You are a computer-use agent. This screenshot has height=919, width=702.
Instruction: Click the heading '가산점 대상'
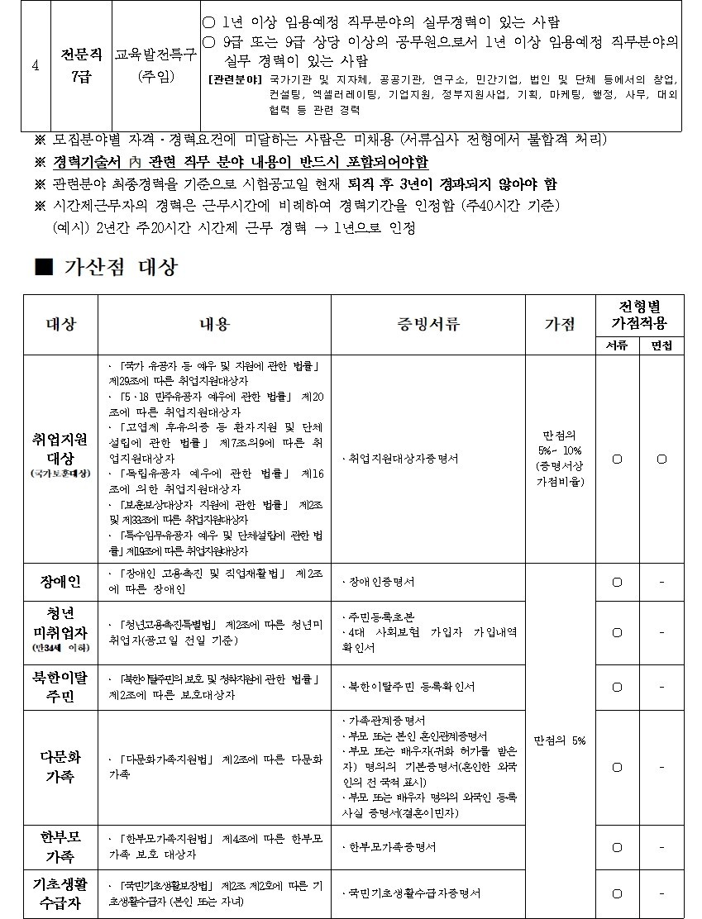[x=120, y=266]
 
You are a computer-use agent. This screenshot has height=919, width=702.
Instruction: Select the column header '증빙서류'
[x=428, y=324]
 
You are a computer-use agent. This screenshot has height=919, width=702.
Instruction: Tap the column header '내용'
[x=214, y=324]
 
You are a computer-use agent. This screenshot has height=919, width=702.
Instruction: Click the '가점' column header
[x=560, y=324]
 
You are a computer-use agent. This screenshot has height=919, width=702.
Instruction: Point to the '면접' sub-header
[x=661, y=345]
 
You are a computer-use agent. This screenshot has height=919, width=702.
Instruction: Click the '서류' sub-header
[x=616, y=345]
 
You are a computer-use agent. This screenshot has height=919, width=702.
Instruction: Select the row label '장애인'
[x=60, y=582]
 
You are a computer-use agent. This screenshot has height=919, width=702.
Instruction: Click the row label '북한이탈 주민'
[x=60, y=687]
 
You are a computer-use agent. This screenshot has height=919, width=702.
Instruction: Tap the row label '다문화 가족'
[x=60, y=766]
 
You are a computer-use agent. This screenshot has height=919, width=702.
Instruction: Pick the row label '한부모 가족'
[x=60, y=846]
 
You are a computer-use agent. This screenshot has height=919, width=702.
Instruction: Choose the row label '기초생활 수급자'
[x=60, y=893]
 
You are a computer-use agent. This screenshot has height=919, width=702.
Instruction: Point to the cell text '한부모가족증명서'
[x=389, y=847]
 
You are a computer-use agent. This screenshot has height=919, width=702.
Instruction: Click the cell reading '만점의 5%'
[x=560, y=740]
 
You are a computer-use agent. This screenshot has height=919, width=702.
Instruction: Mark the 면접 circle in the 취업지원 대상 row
[x=661, y=459]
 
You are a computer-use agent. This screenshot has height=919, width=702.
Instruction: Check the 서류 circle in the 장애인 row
[x=617, y=582]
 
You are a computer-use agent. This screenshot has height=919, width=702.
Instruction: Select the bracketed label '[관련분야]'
[x=235, y=80]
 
